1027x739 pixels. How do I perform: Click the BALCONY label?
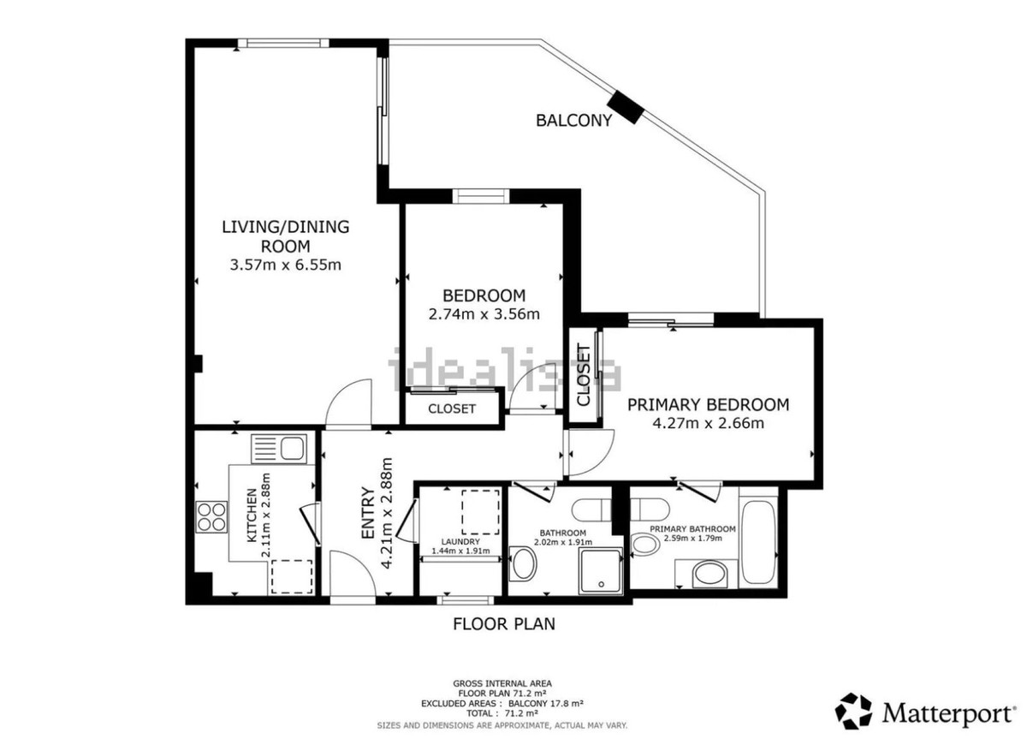[x=573, y=120]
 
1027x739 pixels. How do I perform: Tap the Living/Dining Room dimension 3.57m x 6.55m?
[x=285, y=265]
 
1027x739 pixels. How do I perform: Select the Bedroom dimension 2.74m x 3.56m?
[x=484, y=314]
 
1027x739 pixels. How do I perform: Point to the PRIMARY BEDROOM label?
[x=708, y=404]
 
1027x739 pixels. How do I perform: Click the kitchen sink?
[x=279, y=449]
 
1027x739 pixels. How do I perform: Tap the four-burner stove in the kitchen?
[x=211, y=516]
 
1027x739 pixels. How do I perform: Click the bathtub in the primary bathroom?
[x=758, y=542]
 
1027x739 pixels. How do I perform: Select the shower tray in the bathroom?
[x=601, y=570]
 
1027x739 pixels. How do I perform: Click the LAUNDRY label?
[x=460, y=542]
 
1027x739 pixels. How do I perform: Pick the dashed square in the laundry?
[x=480, y=512]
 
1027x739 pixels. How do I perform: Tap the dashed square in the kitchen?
[x=292, y=576]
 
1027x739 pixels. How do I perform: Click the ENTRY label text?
[x=368, y=513]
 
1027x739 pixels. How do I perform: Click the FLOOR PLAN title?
[x=504, y=624]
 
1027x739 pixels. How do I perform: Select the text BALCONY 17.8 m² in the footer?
[x=546, y=703]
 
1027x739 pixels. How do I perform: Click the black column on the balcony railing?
[x=626, y=107]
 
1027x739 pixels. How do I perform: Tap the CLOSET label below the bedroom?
[x=452, y=408]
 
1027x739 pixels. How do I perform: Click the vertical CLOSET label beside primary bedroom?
[x=583, y=375]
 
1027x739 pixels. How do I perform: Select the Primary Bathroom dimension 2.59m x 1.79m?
[x=692, y=538]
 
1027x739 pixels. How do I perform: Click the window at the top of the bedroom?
[x=481, y=196]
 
